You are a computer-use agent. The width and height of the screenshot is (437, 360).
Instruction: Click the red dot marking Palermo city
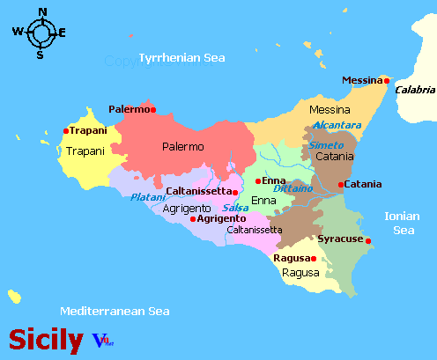(x=153, y=110)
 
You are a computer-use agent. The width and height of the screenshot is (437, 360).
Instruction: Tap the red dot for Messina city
(x=386, y=81)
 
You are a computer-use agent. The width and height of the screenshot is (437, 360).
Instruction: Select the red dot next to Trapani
(x=65, y=131)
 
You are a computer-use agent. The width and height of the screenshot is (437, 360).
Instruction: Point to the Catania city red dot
(x=341, y=184)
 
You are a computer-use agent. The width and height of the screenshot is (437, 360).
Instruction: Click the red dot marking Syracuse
(x=368, y=240)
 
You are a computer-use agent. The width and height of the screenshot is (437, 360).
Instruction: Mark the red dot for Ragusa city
(x=313, y=258)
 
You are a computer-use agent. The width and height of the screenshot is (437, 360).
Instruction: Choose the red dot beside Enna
(x=257, y=181)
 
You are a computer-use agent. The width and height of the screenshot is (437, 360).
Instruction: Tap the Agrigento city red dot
(x=193, y=218)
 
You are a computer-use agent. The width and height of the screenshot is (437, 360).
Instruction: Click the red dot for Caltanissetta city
(x=235, y=191)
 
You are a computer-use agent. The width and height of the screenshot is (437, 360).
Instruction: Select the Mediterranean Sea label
(x=115, y=312)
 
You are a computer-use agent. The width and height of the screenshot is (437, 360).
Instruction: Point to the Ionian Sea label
(x=403, y=223)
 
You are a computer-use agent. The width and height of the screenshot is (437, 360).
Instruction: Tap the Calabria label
(x=414, y=90)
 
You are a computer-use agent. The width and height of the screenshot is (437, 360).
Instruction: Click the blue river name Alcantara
(x=337, y=126)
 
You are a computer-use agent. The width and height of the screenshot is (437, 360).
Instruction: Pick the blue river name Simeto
(x=326, y=145)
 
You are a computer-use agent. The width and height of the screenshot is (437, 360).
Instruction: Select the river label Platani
(x=147, y=197)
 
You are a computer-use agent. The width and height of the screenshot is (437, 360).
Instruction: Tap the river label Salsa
(x=235, y=208)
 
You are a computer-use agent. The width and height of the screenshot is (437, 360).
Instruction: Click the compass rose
(x=41, y=33)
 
